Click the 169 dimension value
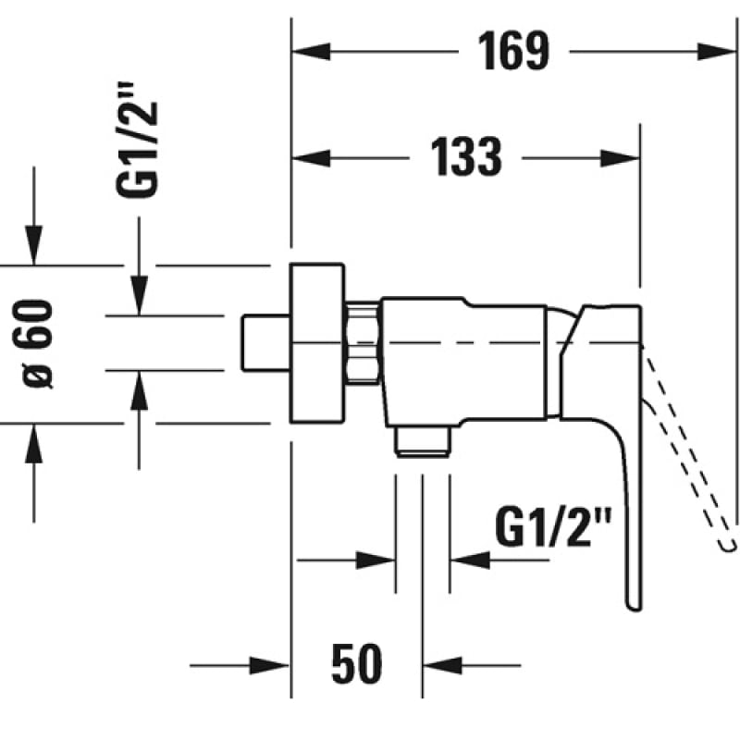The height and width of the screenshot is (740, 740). (x=513, y=51)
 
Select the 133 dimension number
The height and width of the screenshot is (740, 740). (x=466, y=156)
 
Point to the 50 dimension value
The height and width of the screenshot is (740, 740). (x=356, y=663)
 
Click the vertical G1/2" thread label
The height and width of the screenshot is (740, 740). (x=137, y=141)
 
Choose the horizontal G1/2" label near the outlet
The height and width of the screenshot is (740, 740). (x=552, y=526)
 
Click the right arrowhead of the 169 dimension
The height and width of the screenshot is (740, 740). (x=716, y=52)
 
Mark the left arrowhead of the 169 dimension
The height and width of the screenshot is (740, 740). (x=312, y=52)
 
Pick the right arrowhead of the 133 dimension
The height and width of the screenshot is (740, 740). (x=620, y=158)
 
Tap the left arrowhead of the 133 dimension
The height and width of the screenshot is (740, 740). (x=312, y=158)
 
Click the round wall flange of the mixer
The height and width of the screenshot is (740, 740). (x=316, y=342)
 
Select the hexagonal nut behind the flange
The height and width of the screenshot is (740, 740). (x=363, y=342)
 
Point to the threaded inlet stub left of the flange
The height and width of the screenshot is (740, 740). (x=265, y=342)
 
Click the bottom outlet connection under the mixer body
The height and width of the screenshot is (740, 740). (x=423, y=442)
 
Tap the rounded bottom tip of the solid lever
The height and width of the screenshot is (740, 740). (x=634, y=608)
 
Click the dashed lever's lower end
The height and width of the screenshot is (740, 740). (x=728, y=545)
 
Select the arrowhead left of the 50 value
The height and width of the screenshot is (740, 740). (x=269, y=665)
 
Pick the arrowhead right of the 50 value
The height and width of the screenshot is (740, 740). (x=443, y=665)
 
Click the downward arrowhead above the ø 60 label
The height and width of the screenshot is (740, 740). (x=34, y=245)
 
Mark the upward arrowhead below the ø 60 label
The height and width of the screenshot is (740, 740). (x=34, y=444)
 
